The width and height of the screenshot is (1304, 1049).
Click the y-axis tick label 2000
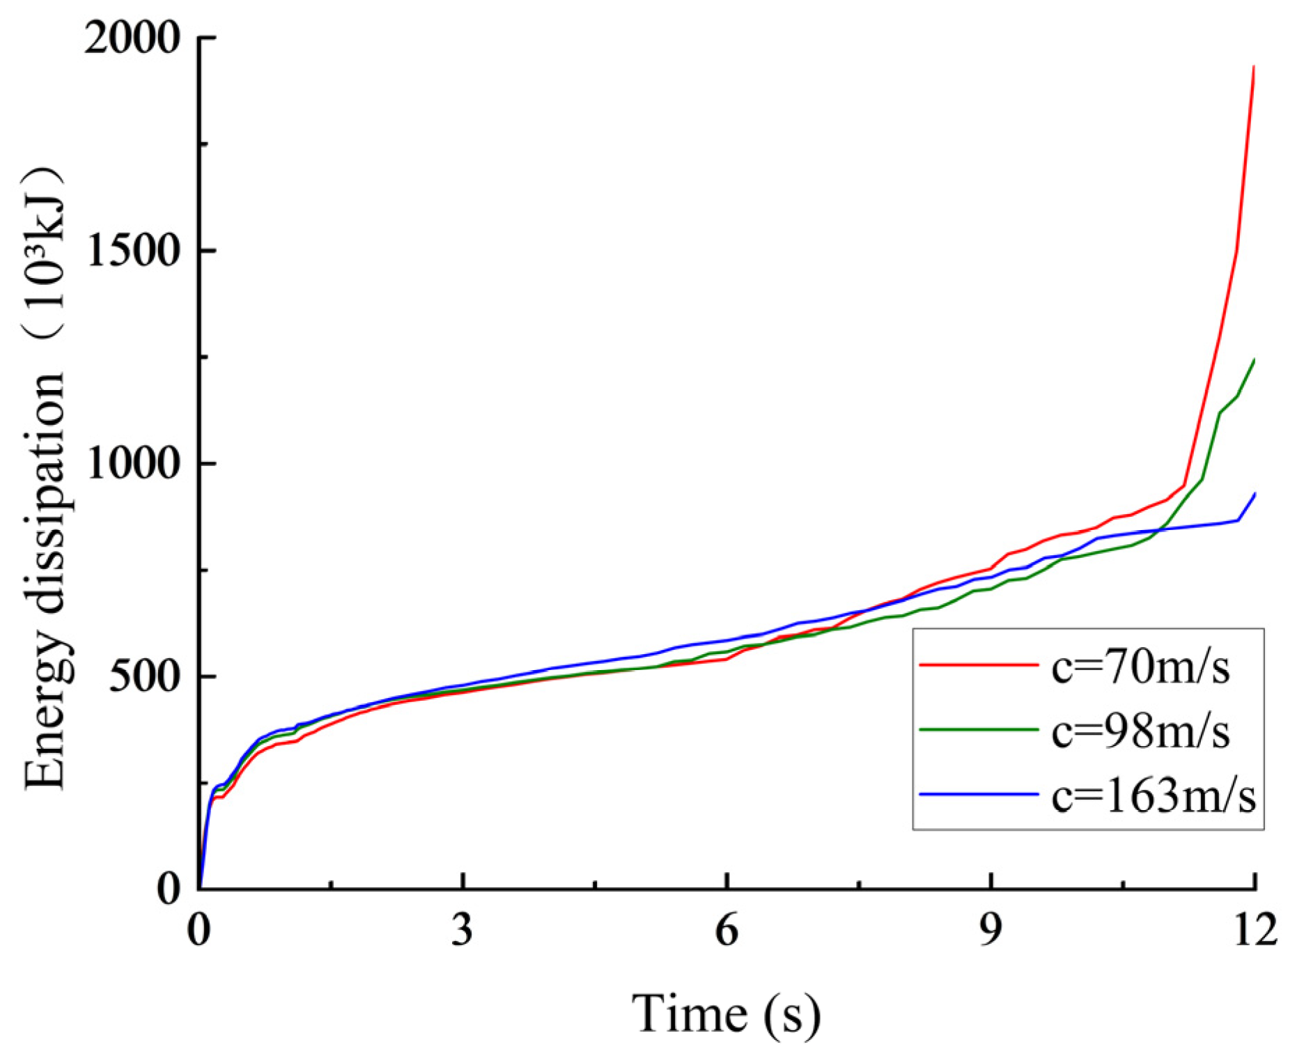coord(131,38)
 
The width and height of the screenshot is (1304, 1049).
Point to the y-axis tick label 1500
coord(131,251)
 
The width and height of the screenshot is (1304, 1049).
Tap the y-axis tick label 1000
coord(131,464)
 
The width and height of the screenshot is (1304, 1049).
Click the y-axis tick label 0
coord(170,889)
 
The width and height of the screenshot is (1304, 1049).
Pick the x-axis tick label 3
coord(463,930)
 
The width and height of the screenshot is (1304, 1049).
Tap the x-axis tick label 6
coord(727,930)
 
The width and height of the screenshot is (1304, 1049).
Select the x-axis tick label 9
coord(991,930)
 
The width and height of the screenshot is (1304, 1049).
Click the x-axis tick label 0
coord(199,930)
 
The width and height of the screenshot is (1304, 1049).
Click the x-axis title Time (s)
coord(727,1013)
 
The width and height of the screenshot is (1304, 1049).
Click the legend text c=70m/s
coord(1140,667)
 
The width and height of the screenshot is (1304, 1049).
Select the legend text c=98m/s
coord(1140,731)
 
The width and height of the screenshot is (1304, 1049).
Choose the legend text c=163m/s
coord(1153,795)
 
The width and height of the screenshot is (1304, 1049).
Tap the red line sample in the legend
coord(979,665)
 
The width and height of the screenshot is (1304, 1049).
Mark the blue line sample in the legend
coord(979,793)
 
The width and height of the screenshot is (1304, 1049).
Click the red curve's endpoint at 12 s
coord(1254,68)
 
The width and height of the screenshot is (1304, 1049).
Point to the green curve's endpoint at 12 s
coord(1254,360)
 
